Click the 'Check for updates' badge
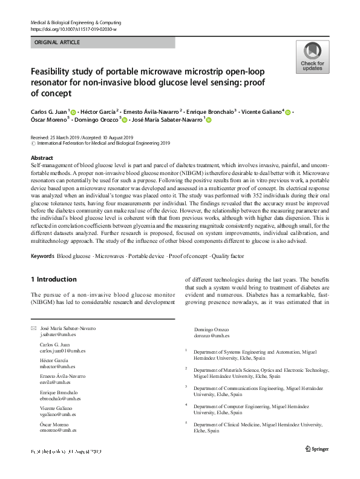click(312, 57)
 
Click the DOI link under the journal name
click(73, 28)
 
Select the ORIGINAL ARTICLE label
click(57, 42)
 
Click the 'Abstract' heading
click(42, 157)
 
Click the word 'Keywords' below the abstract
click(42, 256)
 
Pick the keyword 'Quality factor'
click(227, 256)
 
